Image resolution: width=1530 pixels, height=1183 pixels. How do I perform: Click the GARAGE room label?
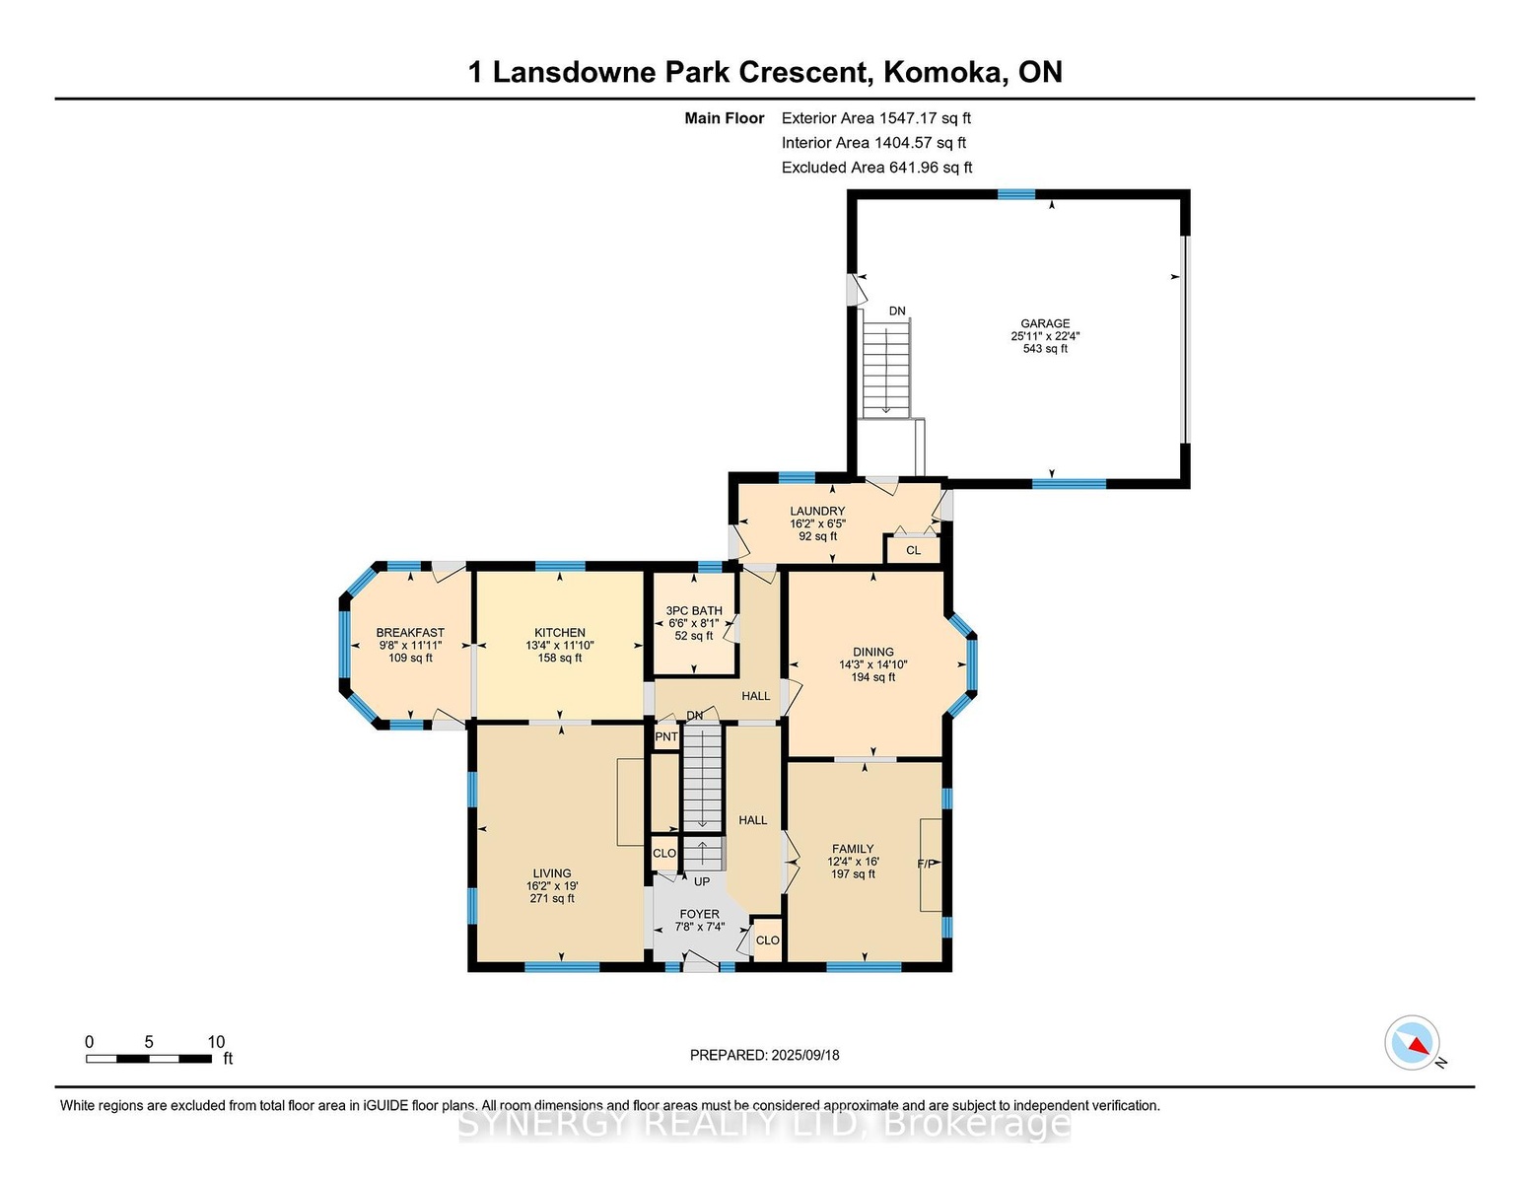coord(1045,323)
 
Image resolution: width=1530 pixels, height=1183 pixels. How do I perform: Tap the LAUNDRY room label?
coord(816,511)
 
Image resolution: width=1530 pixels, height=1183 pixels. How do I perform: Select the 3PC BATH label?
coord(694,611)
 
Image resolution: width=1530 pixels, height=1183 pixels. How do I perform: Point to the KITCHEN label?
coord(560,633)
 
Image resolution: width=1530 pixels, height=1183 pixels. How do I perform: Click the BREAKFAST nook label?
coord(410,633)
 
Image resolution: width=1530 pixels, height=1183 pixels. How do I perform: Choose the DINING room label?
coord(873,652)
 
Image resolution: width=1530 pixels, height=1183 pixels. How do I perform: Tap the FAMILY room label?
coord(853,849)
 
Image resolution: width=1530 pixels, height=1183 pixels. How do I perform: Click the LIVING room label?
coord(552,873)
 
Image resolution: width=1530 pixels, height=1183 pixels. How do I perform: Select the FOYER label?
coord(699,914)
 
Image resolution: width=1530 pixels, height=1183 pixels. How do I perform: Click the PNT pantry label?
coord(666,736)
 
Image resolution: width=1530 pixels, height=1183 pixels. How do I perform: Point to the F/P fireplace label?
coord(926,864)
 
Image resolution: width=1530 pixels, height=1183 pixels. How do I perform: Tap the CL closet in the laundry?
coord(913,550)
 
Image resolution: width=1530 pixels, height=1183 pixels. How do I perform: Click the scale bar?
coord(149,1059)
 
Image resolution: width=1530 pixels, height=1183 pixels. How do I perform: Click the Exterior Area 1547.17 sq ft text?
coord(875,118)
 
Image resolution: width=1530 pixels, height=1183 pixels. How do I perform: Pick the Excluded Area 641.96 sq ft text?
coord(876,168)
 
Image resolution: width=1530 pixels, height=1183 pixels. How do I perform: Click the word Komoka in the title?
coord(943,72)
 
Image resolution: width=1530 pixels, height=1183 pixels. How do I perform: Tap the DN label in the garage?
coord(896,312)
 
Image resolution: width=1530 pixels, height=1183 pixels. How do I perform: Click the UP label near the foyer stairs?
coord(702,881)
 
